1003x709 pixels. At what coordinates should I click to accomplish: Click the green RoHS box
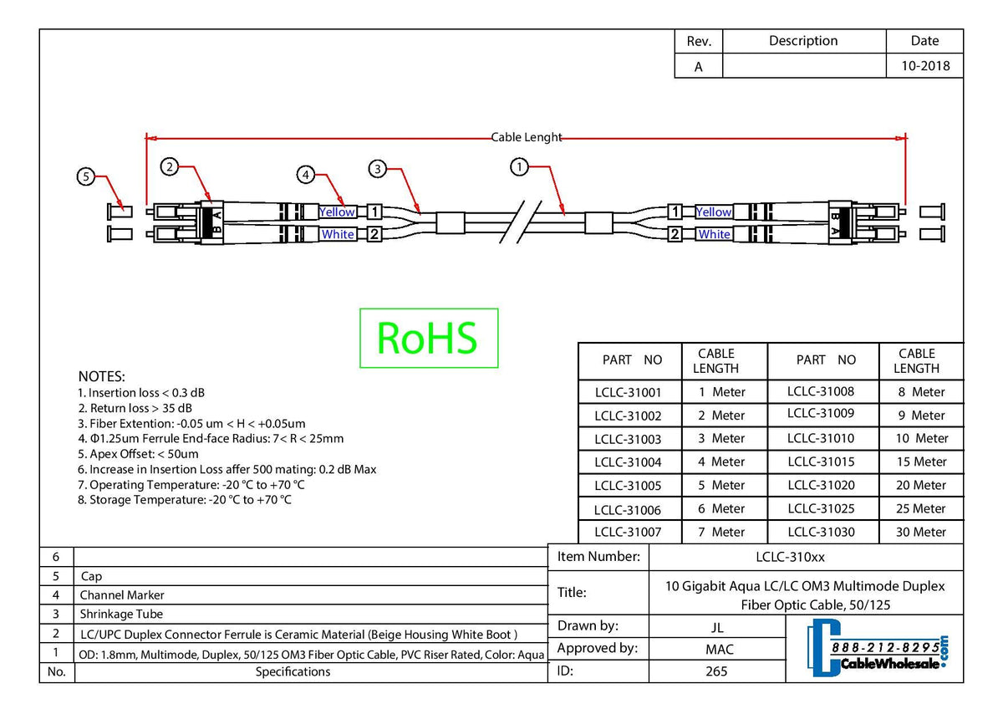coord(428,338)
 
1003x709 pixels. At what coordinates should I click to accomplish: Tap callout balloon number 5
coord(85,176)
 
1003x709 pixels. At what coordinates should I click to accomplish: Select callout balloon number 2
coord(170,167)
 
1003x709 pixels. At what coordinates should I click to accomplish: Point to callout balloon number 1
coord(519,167)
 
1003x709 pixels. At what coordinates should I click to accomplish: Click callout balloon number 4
coord(307,175)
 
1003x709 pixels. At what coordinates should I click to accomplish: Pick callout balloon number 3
coord(378,169)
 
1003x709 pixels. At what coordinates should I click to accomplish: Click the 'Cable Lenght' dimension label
coord(526,137)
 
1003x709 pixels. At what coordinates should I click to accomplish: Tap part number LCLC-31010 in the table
coord(821,438)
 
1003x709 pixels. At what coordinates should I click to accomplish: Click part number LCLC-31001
coord(628,391)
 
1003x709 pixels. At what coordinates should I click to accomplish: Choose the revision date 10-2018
coord(924,66)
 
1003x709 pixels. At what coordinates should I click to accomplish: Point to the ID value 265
coord(716,671)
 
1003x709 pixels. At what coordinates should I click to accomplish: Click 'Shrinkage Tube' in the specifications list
coord(121,615)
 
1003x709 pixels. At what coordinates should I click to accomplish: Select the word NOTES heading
coord(101,377)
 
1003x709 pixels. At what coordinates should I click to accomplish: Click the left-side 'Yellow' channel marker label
coord(337,212)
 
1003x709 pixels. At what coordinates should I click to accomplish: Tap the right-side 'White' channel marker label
coord(714,235)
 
